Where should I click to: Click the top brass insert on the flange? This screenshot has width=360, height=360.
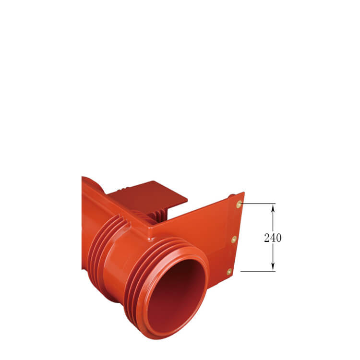[x=239, y=204]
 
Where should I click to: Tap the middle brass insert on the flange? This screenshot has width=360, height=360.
[x=234, y=239]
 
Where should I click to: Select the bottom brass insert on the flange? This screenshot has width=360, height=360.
[x=229, y=272]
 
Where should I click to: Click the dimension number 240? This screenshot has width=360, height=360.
[x=273, y=238]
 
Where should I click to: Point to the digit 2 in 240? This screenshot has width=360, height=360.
[x=267, y=238]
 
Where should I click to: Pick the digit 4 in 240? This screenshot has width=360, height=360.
[x=273, y=238]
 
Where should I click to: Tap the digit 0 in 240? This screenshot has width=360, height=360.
[x=278, y=238]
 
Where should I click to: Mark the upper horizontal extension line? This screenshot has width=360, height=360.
[x=259, y=204]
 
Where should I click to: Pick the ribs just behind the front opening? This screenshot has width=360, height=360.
[x=144, y=269]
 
